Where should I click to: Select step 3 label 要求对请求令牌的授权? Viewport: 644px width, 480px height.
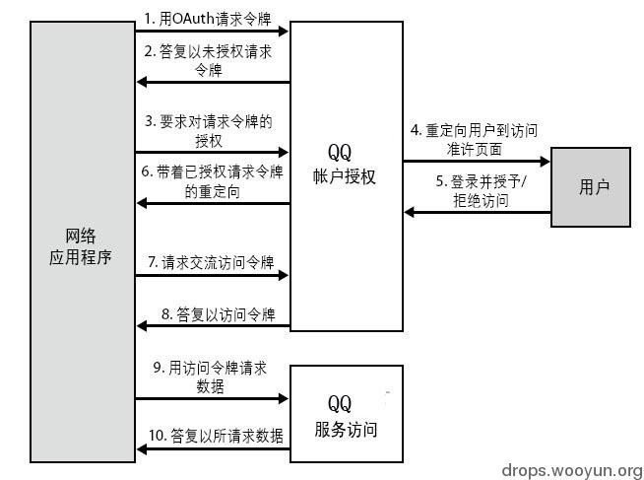209,130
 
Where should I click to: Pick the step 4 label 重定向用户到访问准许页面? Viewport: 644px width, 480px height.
476,138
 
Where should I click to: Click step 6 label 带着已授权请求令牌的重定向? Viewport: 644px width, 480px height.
213,181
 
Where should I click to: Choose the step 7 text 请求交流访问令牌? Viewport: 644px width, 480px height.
211,262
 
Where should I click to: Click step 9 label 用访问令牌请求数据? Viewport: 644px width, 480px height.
211,377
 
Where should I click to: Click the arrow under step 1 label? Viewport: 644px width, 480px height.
212,32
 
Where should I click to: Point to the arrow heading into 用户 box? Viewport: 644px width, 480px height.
476,161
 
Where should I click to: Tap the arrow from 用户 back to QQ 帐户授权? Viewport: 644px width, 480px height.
476,211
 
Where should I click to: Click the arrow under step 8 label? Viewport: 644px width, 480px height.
212,327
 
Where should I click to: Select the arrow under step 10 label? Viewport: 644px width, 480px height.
212,449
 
